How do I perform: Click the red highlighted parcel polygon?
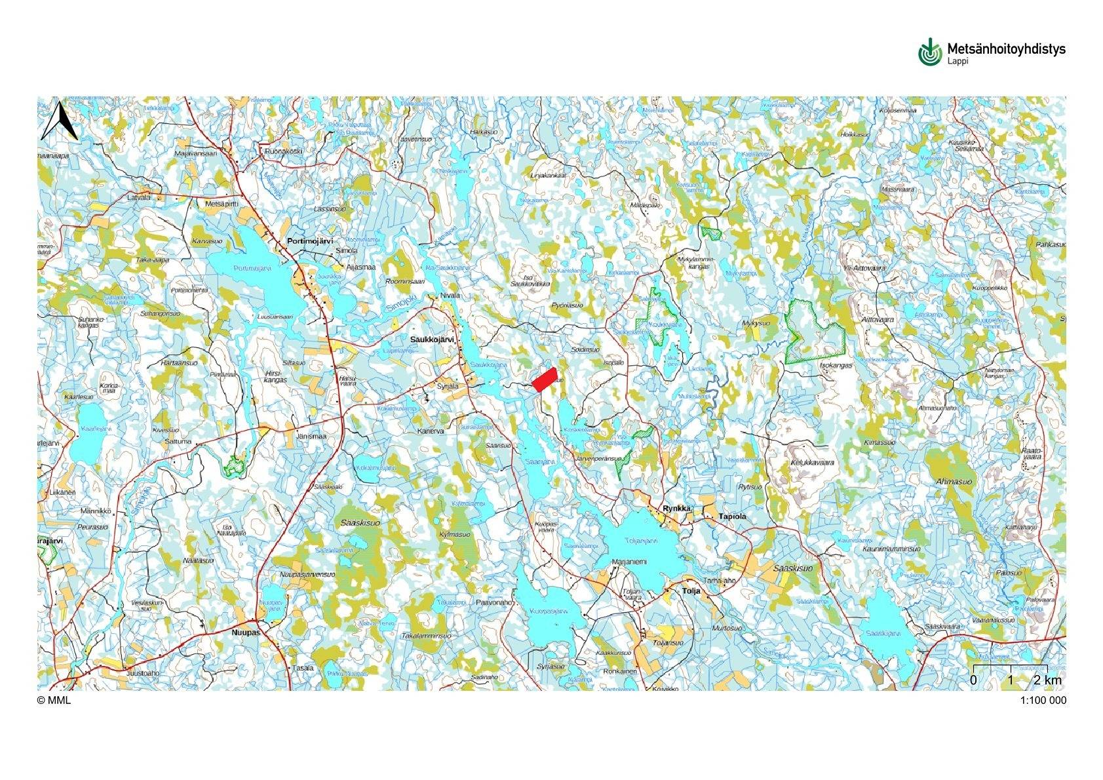[543, 380]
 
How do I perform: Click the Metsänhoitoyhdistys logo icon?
[929, 52]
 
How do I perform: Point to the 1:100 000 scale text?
[1043, 700]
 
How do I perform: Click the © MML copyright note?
[54, 700]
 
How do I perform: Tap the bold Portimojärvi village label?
[310, 241]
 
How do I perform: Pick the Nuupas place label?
[246, 633]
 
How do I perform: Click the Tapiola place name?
[733, 517]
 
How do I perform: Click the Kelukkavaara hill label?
[812, 462]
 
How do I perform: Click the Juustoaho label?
[140, 673]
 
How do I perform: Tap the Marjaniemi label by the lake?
[629, 562]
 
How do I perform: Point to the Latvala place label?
[139, 197]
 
